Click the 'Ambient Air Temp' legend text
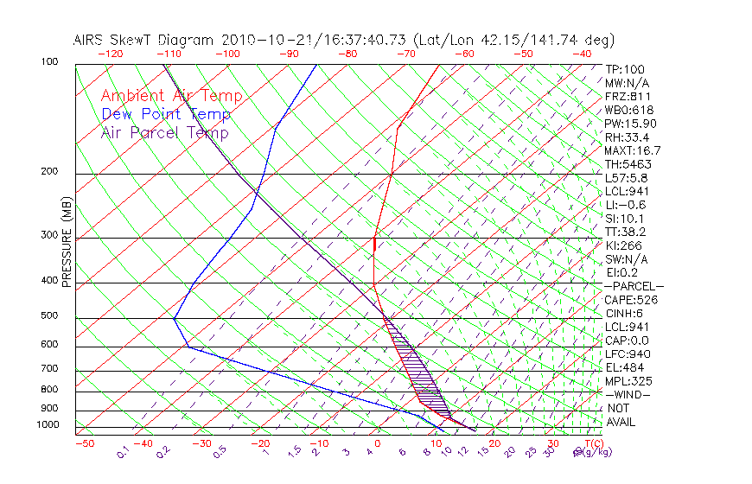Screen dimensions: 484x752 (x=171, y=96)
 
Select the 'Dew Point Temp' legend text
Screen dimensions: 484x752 (x=166, y=114)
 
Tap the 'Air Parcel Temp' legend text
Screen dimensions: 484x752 (x=164, y=132)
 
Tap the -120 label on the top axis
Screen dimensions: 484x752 (x=109, y=54)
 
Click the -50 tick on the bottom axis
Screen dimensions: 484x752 (x=84, y=443)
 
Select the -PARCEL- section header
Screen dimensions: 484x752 (x=634, y=286)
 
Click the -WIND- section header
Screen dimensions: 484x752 (x=628, y=394)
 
